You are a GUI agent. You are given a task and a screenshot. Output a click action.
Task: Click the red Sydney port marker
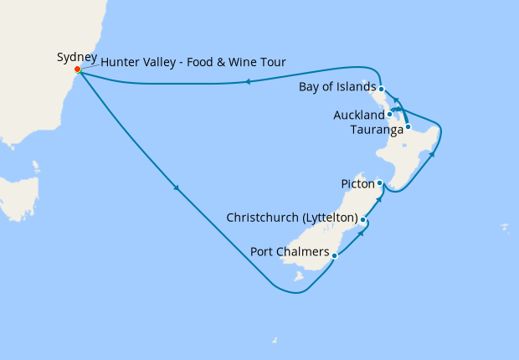pyautogui.click(x=77, y=69)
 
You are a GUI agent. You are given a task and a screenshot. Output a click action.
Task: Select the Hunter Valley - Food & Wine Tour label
pyautogui.click(x=193, y=62)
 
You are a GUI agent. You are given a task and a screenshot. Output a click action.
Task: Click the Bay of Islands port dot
pyautogui.click(x=381, y=89)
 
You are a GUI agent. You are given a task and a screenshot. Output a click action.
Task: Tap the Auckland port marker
pyautogui.click(x=390, y=114)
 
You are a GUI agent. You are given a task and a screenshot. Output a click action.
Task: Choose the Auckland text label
pyautogui.click(x=358, y=114)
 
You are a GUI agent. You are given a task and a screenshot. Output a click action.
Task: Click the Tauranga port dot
pyautogui.click(x=408, y=127)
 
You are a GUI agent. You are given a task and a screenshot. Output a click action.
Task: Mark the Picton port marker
pyautogui.click(x=379, y=183)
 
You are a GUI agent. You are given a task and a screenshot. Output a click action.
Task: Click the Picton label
pyautogui.click(x=357, y=183)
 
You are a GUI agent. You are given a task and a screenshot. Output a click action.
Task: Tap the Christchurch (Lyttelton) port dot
pyautogui.click(x=362, y=219)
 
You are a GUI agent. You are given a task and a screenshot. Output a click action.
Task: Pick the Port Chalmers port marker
pyautogui.click(x=334, y=255)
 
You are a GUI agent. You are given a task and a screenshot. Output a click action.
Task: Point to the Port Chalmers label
pyautogui.click(x=289, y=251)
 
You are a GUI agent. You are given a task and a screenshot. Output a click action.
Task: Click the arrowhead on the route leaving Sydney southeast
pyautogui.click(x=177, y=189)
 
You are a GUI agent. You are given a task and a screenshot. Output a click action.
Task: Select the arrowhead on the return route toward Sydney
pyautogui.click(x=247, y=82)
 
